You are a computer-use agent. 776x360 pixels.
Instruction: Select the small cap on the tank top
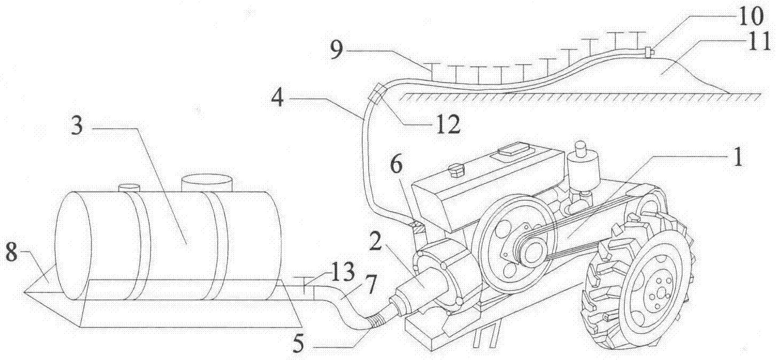(128, 187)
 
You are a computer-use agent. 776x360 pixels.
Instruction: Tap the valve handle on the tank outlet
(304, 279)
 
